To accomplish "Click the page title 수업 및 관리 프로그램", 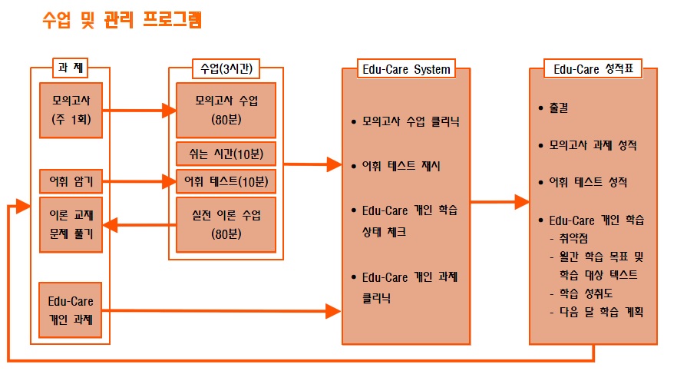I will point(123,20).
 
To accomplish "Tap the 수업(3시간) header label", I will point(225,68).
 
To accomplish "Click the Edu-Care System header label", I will point(406,68).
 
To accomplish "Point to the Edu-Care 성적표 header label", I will point(593,68).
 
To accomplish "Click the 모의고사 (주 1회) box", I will point(71,109).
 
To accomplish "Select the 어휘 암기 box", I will point(71,182).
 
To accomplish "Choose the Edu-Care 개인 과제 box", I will point(71,310).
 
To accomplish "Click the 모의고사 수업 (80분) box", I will point(226,109).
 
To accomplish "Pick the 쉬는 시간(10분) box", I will point(226,153).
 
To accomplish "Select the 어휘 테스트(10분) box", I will point(226,182).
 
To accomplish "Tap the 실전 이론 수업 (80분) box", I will point(226,225).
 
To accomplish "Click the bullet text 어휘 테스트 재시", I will point(401,165).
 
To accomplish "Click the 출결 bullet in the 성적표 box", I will point(560,108).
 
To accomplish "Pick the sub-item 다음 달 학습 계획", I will point(600,312).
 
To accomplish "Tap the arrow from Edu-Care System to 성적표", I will point(499,203).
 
